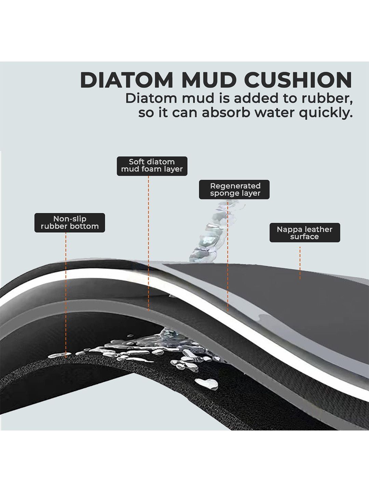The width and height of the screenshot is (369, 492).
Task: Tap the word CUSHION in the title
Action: click(x=299, y=80)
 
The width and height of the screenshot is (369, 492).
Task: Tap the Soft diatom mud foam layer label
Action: click(x=152, y=166)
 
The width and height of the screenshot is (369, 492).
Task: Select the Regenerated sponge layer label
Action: click(x=234, y=189)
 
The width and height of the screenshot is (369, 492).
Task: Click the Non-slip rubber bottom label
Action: click(x=70, y=222)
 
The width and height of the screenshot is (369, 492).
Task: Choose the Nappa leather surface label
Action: click(x=305, y=232)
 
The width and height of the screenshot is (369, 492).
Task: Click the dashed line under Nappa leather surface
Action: click(x=300, y=263)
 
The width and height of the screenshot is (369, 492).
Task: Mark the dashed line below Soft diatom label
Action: click(x=149, y=243)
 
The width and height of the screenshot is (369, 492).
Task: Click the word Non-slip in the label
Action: click(x=70, y=219)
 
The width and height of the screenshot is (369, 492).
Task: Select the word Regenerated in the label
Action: click(x=235, y=186)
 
